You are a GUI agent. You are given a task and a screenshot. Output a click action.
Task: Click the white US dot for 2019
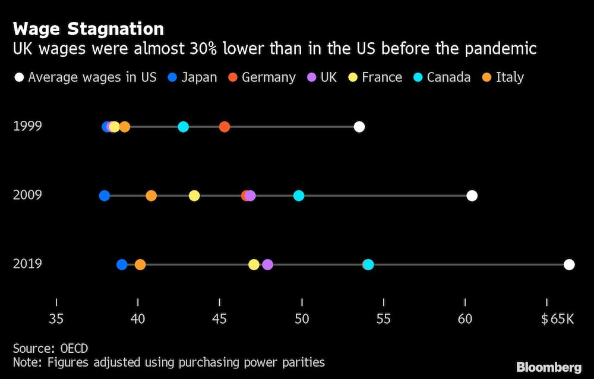point(569,265)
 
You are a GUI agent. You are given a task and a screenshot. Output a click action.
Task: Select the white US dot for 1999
point(359,127)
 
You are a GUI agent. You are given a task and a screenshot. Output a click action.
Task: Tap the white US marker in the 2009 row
point(472,196)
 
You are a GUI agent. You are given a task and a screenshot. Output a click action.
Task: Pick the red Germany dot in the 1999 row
point(224,127)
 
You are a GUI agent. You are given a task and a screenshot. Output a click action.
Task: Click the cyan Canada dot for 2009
point(299,196)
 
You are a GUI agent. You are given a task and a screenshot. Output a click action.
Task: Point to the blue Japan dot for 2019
point(122,265)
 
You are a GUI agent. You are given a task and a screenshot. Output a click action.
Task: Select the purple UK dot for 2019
point(267,265)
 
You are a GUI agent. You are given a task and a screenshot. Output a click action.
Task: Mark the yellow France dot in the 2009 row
point(194,196)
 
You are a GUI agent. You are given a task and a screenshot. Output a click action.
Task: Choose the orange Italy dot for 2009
point(151,196)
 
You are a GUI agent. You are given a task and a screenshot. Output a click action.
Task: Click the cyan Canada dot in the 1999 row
point(183,127)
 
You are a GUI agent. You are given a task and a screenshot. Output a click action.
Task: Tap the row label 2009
point(27,195)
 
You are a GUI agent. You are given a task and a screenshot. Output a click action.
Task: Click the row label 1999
point(27,126)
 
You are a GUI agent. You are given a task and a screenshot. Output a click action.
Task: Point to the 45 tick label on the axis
point(220,319)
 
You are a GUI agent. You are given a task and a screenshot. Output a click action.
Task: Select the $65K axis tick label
point(557,319)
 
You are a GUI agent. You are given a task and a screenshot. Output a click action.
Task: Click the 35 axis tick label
point(56,319)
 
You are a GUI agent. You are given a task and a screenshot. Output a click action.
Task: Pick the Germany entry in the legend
point(268,77)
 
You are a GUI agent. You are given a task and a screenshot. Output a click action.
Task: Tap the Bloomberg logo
point(549,367)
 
